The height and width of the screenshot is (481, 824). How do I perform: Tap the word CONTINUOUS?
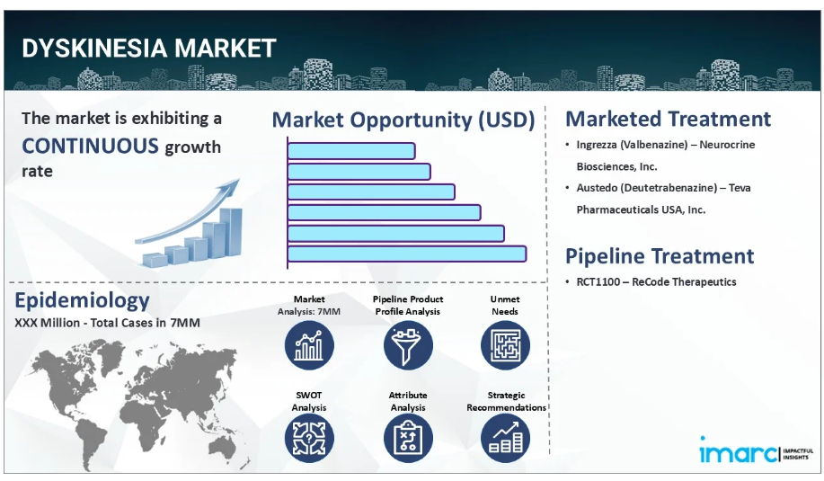point(90,146)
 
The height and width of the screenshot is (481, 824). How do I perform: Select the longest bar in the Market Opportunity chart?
point(407,254)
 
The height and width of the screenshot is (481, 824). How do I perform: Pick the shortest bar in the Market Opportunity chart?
point(351,151)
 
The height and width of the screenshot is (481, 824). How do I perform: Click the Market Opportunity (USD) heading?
point(403,120)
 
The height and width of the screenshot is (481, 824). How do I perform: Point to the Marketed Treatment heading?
point(668,119)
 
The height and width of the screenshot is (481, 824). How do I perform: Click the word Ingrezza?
point(597,145)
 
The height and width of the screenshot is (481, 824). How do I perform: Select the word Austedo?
point(594,188)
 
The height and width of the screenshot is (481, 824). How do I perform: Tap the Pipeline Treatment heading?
point(660,256)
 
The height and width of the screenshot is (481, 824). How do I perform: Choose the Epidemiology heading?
point(82,300)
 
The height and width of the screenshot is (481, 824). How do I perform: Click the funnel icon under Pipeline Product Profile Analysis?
point(408,345)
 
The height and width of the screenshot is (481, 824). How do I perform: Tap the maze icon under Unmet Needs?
point(505,345)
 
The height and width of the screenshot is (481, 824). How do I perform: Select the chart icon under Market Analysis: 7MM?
point(309,345)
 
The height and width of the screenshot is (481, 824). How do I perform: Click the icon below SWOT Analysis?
point(309,439)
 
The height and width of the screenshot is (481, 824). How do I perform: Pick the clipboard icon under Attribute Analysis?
point(408,439)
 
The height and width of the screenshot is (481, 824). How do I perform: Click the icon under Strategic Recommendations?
point(505,439)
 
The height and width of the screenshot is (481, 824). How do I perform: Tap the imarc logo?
point(756,450)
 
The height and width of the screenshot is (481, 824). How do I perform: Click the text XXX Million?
point(48,323)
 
